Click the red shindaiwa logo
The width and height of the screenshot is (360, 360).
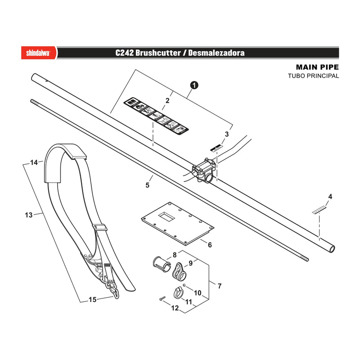click(39, 53)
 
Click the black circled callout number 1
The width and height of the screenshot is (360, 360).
click(194, 85)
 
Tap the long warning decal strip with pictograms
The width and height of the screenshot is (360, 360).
click(156, 117)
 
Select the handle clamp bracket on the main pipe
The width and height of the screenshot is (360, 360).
click(204, 171)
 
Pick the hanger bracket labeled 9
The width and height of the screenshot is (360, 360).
click(179, 272)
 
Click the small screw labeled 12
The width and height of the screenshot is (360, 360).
click(162, 298)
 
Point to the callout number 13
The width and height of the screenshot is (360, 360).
click(29, 215)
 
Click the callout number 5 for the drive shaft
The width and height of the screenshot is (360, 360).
click(148, 185)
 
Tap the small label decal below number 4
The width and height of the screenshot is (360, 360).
click(319, 209)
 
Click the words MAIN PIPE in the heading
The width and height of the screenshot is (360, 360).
click(317, 67)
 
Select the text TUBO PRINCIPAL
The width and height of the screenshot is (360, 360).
click(313, 76)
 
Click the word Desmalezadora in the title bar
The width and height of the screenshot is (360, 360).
click(216, 53)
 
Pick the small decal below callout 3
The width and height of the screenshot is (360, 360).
click(217, 148)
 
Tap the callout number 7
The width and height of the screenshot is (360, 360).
click(220, 286)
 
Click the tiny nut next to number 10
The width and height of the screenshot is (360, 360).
click(184, 285)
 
